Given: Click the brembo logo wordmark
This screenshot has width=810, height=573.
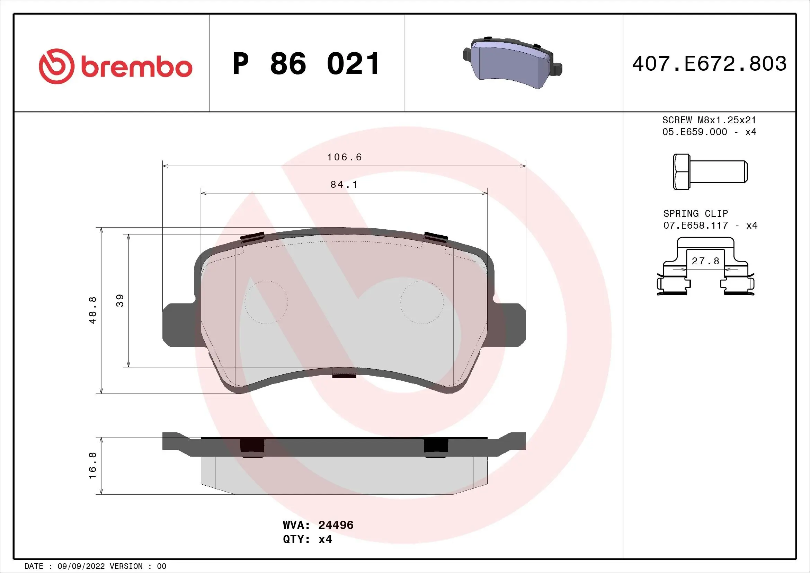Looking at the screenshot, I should pyautogui.click(x=136, y=67).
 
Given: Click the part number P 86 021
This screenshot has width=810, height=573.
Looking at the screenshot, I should pyautogui.click(x=306, y=64).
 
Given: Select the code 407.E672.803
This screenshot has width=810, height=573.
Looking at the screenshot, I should pyautogui.click(x=709, y=64).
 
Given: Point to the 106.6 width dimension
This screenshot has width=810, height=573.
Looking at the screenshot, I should pyautogui.click(x=344, y=157).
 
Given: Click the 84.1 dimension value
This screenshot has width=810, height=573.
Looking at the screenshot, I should pyautogui.click(x=344, y=185).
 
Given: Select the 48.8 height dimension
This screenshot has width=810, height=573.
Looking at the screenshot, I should pyautogui.click(x=92, y=310).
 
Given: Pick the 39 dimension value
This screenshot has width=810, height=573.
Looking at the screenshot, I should pyautogui.click(x=120, y=301).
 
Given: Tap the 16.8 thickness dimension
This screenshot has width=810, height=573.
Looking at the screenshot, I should pyautogui.click(x=92, y=466).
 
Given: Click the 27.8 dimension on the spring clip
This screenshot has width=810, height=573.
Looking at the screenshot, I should pyautogui.click(x=705, y=261).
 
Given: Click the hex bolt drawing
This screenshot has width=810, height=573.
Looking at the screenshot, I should pyautogui.click(x=710, y=172).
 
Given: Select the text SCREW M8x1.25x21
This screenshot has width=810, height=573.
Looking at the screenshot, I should pyautogui.click(x=709, y=120).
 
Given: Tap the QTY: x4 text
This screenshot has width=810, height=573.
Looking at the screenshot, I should pyautogui.click(x=307, y=539).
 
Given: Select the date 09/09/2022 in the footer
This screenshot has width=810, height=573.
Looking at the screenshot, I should pyautogui.click(x=81, y=566).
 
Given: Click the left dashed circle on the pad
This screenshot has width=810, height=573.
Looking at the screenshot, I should pyautogui.click(x=266, y=302).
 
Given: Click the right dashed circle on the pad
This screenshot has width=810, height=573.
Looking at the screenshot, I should pyautogui.click(x=422, y=302).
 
